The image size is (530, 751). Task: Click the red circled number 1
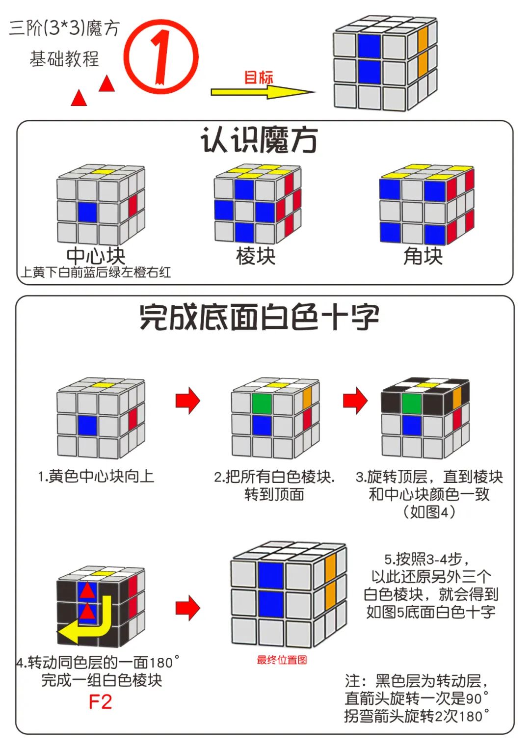coord(161,57)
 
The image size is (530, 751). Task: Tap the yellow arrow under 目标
coord(263,92)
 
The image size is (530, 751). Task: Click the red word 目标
coord(259,77)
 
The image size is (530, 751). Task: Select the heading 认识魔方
coord(259,140)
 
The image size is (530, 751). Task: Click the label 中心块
coord(96,256)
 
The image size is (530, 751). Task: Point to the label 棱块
coord(256,256)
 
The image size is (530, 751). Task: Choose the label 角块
coord(423,256)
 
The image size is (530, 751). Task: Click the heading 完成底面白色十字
coord(259,317)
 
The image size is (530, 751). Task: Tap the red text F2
coord(100,702)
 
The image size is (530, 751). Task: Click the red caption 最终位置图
coord(282,660)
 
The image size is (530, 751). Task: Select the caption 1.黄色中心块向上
coord(96,476)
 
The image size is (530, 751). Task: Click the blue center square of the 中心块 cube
coord(87,212)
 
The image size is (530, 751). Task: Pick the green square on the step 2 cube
coord(262,403)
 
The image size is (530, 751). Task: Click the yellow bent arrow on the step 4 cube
coord(88,623)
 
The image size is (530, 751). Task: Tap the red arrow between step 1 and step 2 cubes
coord(188,401)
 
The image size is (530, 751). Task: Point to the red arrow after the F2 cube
coord(188,608)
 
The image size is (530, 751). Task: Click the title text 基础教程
coord(64,59)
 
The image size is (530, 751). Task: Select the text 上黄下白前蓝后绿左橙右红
coord(96,272)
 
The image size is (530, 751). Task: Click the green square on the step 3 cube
coord(411,404)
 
